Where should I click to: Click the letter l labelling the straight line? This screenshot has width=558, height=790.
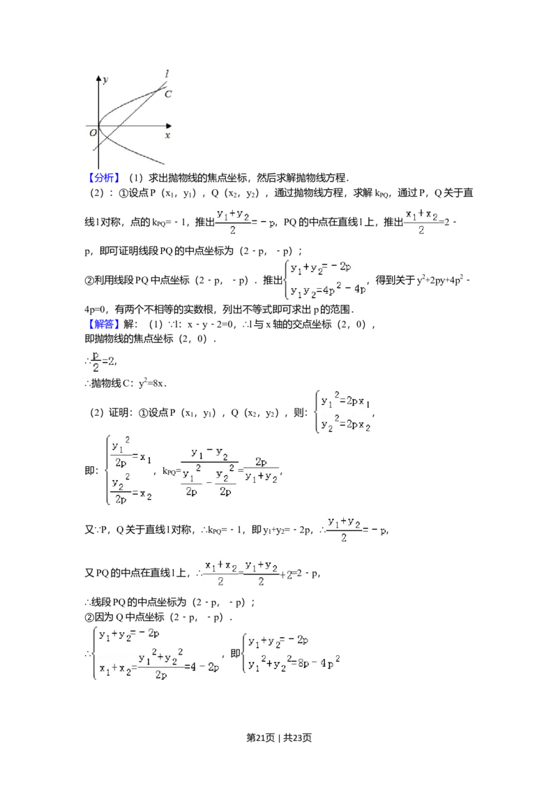[166, 74]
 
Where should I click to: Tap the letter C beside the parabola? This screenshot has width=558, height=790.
[168, 94]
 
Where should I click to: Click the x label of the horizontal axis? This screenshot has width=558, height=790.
[167, 135]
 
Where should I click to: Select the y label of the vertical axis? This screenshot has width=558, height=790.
[105, 80]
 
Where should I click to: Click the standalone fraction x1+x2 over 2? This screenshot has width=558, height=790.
[421, 221]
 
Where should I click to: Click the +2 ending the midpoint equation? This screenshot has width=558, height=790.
[287, 574]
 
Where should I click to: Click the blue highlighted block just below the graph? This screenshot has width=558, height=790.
[105, 179]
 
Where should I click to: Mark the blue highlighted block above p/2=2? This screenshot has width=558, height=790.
[105, 324]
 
